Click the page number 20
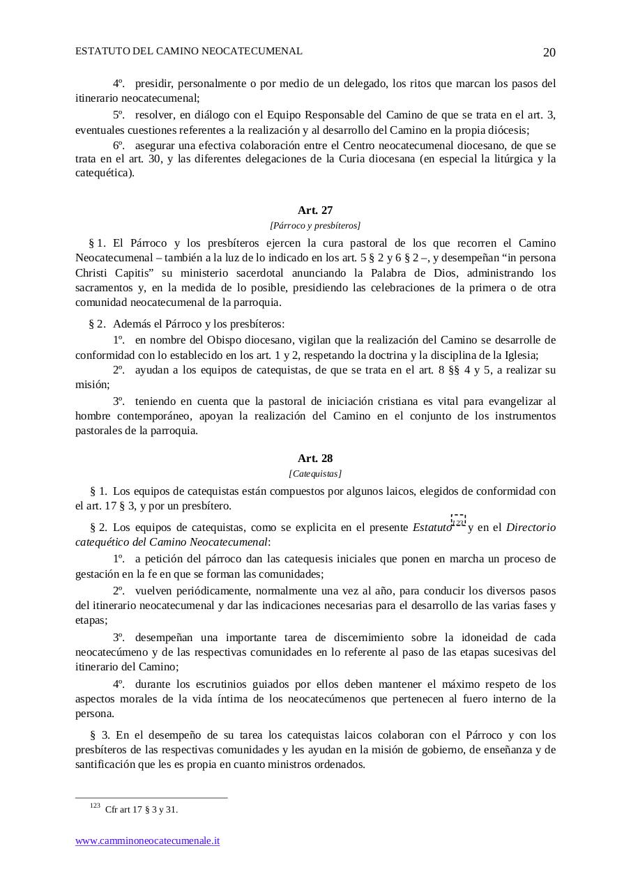coord(549,53)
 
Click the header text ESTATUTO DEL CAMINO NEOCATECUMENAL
coord(189,52)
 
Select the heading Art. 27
coord(315,210)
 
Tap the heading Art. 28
coord(315,458)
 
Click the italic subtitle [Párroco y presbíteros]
coord(315,225)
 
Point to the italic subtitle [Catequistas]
coord(315,474)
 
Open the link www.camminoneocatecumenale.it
coord(148,841)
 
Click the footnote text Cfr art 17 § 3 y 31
coord(142,810)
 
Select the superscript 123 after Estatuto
coord(458,522)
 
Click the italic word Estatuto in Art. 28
coord(432,528)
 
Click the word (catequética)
coord(105,173)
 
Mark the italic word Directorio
coord(531,528)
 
